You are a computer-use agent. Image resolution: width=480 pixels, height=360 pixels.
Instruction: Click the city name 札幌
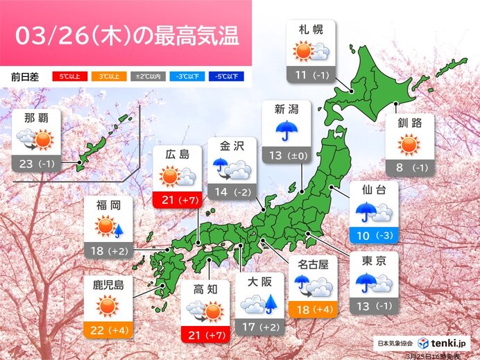coord(310,31)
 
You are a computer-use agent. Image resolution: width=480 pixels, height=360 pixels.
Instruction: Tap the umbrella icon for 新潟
coord(286,130)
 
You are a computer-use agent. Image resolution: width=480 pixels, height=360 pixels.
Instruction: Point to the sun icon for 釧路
coord(409,145)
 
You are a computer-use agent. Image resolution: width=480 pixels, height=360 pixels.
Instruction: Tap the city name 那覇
coord(35,117)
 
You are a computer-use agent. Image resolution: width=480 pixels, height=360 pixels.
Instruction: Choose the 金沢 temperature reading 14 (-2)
coord(232,193)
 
